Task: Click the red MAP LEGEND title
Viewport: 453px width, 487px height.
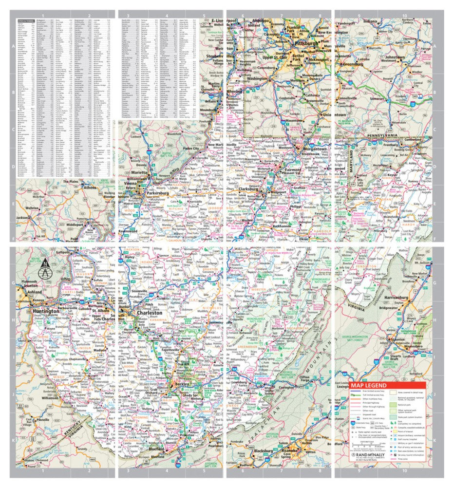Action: click(375, 384)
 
